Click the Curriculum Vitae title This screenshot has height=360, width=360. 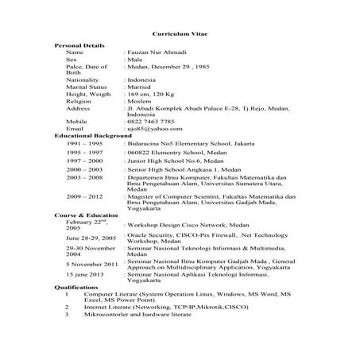pyautogui.click(x=180, y=35)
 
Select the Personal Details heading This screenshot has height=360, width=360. pyautogui.click(x=78, y=46)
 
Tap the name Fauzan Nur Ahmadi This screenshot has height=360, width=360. pyautogui.click(x=157, y=52)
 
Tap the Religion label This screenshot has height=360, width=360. pyautogui.click(x=79, y=101)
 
